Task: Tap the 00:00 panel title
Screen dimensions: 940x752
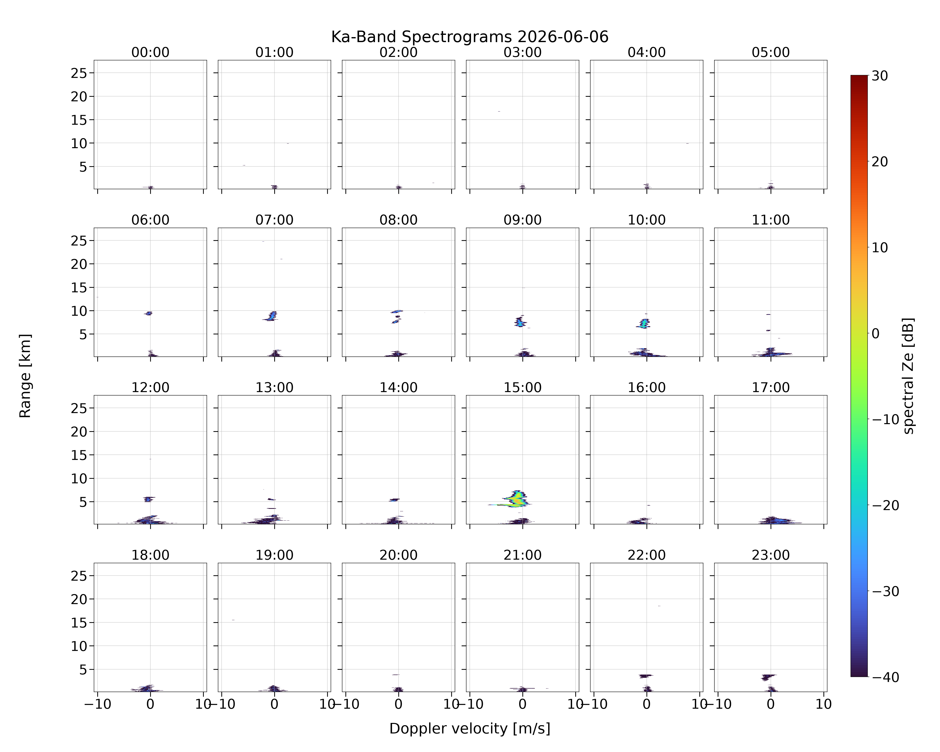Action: pos(150,52)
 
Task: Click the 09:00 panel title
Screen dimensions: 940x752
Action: pos(522,220)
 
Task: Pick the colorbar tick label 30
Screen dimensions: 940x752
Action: pos(880,76)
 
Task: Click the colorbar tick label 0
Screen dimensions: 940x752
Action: pos(876,333)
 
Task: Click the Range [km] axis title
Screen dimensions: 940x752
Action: pos(25,376)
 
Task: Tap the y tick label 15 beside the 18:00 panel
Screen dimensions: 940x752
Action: pos(79,622)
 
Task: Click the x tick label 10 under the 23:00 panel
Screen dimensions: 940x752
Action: pos(824,704)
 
